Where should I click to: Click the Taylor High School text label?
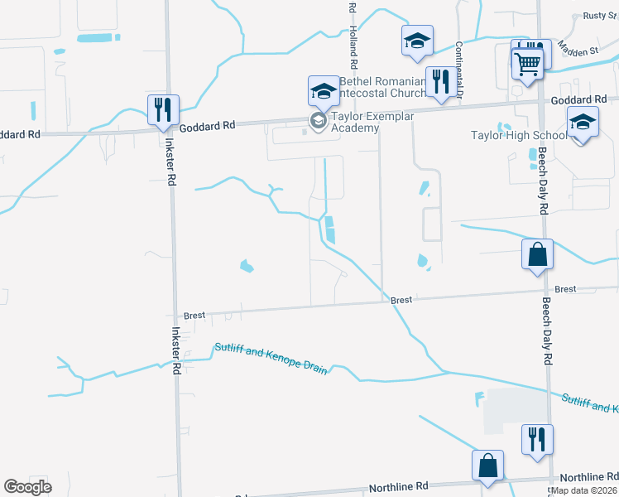(x=518, y=135)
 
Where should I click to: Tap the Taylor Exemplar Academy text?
(x=372, y=122)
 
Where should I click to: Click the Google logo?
(x=27, y=486)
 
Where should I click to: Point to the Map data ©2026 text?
(x=584, y=490)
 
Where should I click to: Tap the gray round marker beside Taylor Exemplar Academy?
(x=318, y=122)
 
